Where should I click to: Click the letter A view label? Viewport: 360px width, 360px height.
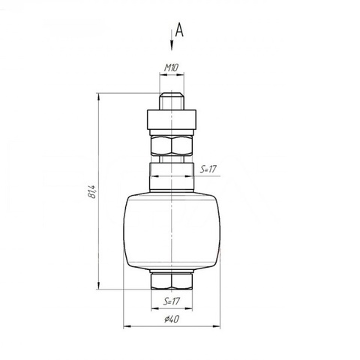pos(179,30)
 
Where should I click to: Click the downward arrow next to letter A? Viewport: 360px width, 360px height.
pos(172,40)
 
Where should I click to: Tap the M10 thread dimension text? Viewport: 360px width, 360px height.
pos(171,67)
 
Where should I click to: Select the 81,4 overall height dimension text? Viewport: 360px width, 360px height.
pos(92,192)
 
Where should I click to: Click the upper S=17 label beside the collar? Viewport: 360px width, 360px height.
pos(208,169)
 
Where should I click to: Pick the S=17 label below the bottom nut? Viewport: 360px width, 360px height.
pos(172,301)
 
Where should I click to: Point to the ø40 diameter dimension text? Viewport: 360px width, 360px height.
pos(172,319)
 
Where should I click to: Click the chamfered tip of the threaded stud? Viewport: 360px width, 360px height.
pos(172,95)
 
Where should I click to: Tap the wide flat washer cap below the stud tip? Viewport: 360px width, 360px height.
pos(172,118)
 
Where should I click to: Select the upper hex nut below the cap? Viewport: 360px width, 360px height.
pos(172,145)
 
